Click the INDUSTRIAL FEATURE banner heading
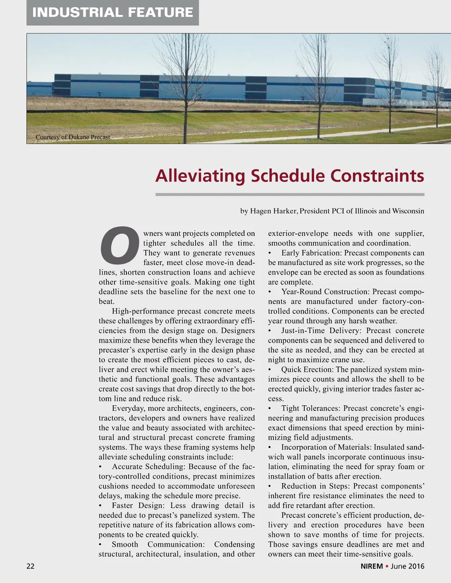[x=113, y=12]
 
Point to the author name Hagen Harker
[x=273, y=211]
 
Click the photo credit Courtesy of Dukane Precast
[x=73, y=137]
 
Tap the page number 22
[x=30, y=566]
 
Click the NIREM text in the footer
[x=371, y=566]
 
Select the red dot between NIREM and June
[x=387, y=566]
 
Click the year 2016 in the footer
[x=416, y=566]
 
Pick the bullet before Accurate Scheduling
[x=101, y=467]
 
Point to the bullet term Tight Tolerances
[x=311, y=408]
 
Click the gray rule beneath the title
[x=290, y=194]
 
